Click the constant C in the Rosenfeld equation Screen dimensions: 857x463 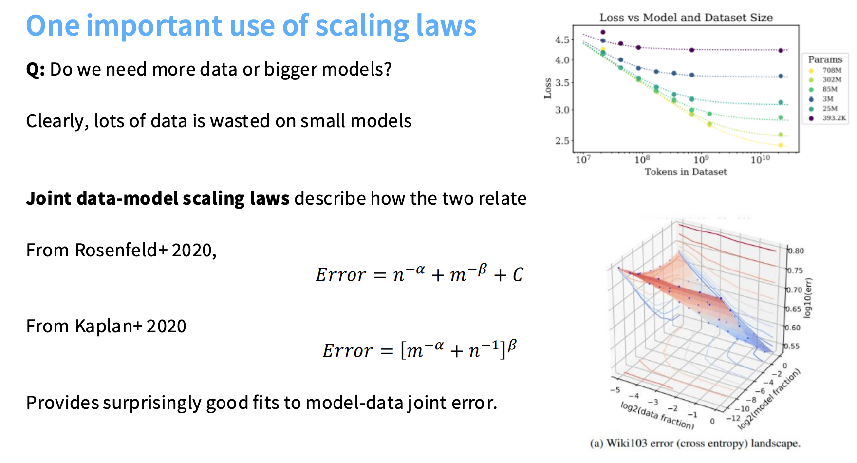click(x=518, y=275)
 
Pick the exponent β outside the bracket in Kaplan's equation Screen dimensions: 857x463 click(x=512, y=346)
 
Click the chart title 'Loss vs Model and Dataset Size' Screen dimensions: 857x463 click(x=686, y=18)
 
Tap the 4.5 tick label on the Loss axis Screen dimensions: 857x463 click(x=562, y=40)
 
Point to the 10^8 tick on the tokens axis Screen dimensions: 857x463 click(x=642, y=159)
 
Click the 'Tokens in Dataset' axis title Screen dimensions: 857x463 click(x=686, y=172)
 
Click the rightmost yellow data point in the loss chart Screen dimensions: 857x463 click(x=781, y=145)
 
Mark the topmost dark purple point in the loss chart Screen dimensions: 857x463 click(x=603, y=32)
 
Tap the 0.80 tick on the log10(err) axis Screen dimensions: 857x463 click(x=796, y=251)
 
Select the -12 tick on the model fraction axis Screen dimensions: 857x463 click(x=733, y=418)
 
